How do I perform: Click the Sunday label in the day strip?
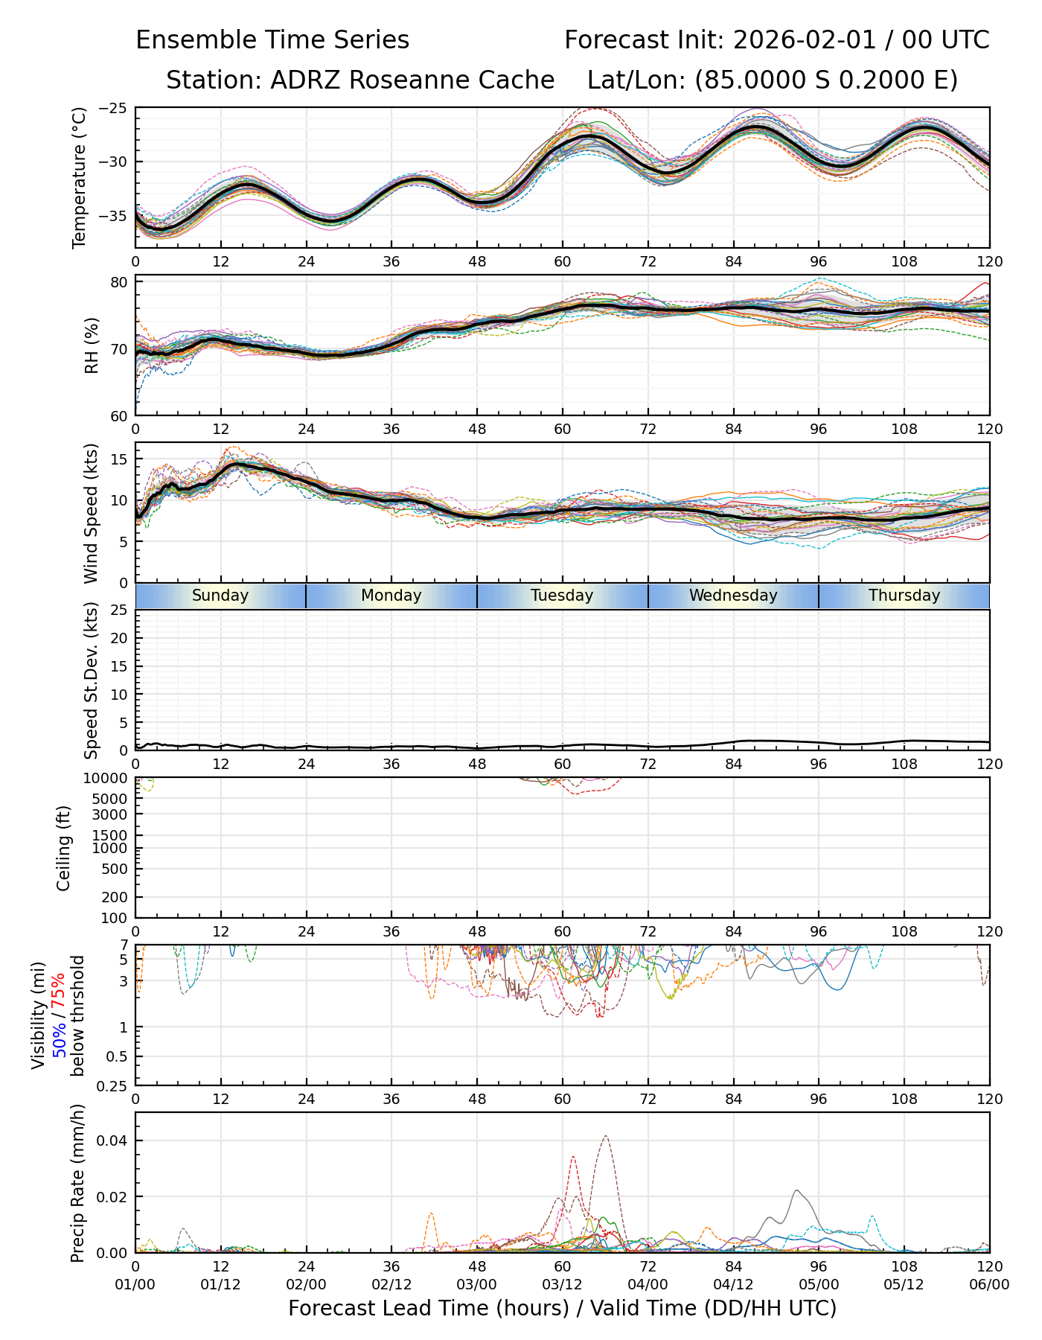pyautogui.click(x=220, y=596)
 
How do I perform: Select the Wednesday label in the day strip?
pyautogui.click(x=733, y=596)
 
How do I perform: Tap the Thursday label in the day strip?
pyautogui.click(x=904, y=596)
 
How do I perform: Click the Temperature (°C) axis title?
pyautogui.click(x=80, y=177)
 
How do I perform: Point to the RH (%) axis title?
pyautogui.click(x=92, y=345)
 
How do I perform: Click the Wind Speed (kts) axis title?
pyautogui.click(x=92, y=513)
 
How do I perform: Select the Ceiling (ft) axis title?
pyautogui.click(x=64, y=848)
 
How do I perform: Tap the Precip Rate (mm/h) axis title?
pyautogui.click(x=78, y=1183)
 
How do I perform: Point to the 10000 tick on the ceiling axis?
pyautogui.click(x=109, y=778)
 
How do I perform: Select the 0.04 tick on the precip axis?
pyautogui.click(x=115, y=1141)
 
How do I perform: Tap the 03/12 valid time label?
pyautogui.click(x=562, y=1284)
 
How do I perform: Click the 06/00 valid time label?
pyautogui.click(x=989, y=1284)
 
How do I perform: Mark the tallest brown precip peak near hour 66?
pyautogui.click(x=606, y=1136)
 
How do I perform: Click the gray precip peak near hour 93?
pyautogui.click(x=796, y=1190)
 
